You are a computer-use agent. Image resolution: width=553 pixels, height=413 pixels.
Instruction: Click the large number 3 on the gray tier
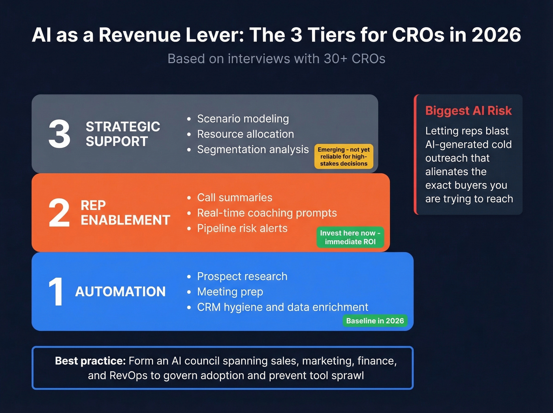click(x=60, y=134)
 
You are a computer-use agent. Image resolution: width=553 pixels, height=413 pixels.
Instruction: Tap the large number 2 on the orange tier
click(x=59, y=213)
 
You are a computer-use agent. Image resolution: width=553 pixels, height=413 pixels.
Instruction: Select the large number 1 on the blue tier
click(x=56, y=292)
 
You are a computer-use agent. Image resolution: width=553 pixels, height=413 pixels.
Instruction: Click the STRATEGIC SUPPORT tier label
click(x=123, y=134)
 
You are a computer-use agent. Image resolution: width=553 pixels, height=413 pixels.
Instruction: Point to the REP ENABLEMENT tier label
click(x=125, y=213)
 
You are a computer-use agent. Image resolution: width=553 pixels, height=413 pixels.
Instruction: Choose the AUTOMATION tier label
click(x=120, y=292)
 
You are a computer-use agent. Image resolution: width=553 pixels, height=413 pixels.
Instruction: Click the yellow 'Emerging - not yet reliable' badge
click(x=344, y=157)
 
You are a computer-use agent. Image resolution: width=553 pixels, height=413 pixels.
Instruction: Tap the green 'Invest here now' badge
click(x=350, y=237)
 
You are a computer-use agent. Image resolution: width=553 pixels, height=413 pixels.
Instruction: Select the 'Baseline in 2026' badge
click(x=375, y=321)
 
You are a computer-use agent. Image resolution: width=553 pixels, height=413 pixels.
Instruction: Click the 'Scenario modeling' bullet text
click(x=243, y=119)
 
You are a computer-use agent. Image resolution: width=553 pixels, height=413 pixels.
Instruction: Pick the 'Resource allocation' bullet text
click(x=245, y=134)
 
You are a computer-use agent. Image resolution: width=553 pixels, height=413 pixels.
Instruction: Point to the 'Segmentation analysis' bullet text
click(x=253, y=149)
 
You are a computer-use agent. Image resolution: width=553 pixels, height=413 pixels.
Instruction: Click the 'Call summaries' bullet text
click(x=235, y=198)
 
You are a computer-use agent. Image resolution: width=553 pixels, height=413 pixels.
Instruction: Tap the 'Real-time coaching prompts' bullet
click(x=267, y=213)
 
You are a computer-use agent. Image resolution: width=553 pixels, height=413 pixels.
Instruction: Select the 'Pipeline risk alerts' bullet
click(x=242, y=228)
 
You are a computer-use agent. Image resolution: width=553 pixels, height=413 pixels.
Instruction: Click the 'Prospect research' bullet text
click(x=242, y=276)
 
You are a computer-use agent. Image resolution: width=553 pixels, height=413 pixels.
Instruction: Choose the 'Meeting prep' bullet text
click(x=230, y=292)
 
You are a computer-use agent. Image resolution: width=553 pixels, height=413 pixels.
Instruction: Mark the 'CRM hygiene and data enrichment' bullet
click(x=282, y=307)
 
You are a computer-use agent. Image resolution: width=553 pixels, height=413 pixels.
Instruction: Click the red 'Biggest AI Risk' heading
click(x=468, y=111)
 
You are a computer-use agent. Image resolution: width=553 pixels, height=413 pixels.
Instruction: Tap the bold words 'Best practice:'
click(x=90, y=361)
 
